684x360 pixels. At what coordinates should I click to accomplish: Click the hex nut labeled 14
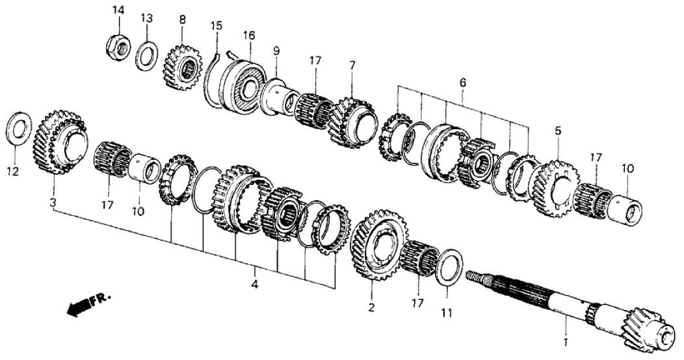pos(117,44)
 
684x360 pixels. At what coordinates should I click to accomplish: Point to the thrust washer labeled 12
pos(20,128)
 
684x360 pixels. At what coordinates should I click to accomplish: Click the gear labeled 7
pos(354,120)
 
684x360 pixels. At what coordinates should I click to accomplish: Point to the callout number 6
pos(463,83)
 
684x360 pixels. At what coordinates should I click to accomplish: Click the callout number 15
pos(217,26)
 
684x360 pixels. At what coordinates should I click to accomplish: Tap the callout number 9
pos(276,50)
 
